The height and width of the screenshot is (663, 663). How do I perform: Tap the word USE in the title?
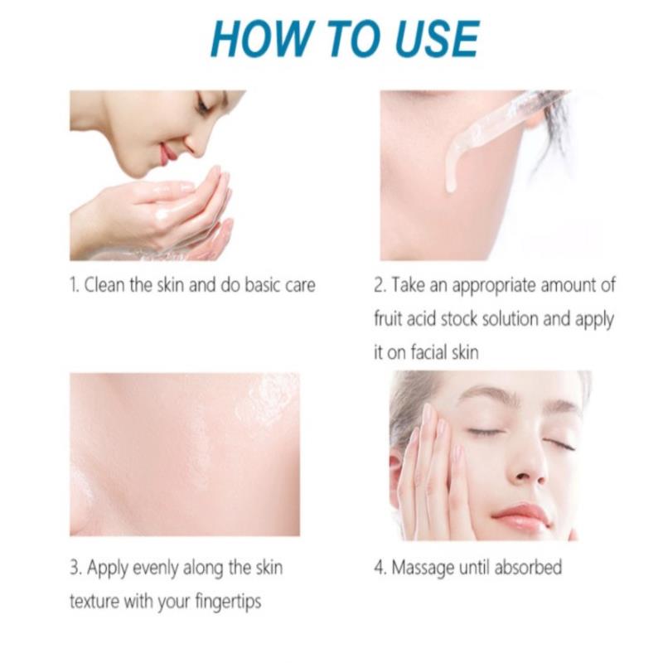pyautogui.click(x=437, y=38)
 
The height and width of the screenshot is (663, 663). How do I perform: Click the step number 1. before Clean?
pyautogui.click(x=75, y=285)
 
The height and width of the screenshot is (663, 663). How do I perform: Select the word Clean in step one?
pyautogui.click(x=105, y=285)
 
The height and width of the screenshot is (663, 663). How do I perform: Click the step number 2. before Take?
pyautogui.click(x=380, y=285)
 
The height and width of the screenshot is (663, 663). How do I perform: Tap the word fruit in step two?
pyautogui.click(x=388, y=319)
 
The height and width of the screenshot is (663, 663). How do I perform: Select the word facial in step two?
pyautogui.click(x=427, y=352)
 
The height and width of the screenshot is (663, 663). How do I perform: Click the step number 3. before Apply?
pyautogui.click(x=76, y=568)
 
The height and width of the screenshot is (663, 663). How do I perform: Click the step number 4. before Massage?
pyautogui.click(x=380, y=568)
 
